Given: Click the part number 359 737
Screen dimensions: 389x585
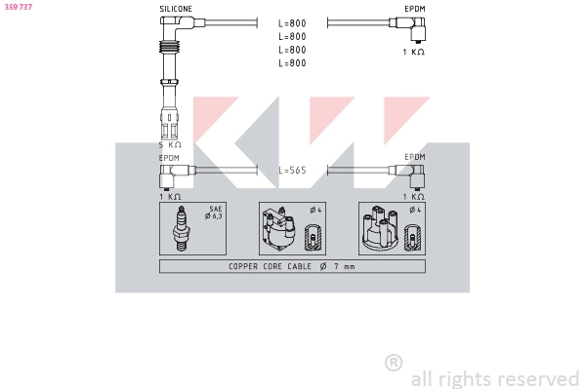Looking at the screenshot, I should click(19, 7).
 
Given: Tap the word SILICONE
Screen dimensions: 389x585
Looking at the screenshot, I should click(176, 9).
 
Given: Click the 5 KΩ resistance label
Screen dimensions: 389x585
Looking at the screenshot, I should click(170, 144).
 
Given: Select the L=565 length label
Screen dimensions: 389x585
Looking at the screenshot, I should click(292, 170).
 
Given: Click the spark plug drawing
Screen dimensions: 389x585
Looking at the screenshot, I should click(180, 230).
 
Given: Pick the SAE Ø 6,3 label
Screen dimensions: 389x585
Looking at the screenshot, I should click(215, 213).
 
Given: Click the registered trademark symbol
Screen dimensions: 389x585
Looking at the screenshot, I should click(394, 363).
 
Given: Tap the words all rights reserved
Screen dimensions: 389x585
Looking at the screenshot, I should click(495, 378).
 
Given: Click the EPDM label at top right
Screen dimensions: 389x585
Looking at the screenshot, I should click(415, 9).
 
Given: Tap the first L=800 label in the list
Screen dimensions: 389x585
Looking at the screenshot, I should click(292, 22).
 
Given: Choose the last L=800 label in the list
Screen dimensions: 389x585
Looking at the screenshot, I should click(292, 63).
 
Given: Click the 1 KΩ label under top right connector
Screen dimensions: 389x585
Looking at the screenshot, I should click(414, 52).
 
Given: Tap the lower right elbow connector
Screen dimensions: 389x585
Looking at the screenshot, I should click(417, 175).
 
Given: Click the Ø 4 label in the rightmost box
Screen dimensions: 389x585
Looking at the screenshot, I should click(414, 210).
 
